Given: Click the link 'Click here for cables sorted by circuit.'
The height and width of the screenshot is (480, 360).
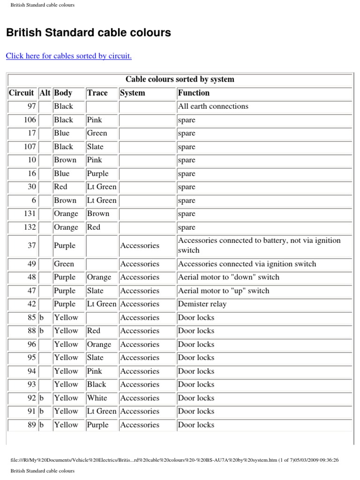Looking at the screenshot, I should (68, 56).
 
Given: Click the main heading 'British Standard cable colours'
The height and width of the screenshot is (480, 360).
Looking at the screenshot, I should (88, 33).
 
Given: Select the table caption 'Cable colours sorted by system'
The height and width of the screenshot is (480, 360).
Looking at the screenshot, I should (180, 79).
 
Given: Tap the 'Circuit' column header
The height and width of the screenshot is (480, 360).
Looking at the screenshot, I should (22, 93).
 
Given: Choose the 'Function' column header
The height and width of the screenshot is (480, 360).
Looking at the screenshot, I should (194, 93).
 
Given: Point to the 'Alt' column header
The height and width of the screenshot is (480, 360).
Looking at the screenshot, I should (45, 93).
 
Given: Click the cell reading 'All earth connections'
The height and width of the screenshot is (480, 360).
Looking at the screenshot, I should (213, 106).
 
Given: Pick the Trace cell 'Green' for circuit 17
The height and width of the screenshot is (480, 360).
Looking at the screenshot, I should (97, 133).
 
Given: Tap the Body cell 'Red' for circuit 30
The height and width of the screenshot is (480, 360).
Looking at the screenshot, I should (61, 187).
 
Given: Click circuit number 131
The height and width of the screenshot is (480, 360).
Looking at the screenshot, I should (30, 214).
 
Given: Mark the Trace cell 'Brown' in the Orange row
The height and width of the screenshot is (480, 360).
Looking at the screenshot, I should (98, 214).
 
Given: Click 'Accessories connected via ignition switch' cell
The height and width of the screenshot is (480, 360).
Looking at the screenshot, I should (247, 264).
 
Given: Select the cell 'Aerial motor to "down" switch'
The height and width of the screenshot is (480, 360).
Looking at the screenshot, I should (228, 277).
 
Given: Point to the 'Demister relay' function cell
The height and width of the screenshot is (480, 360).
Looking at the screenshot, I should (202, 304).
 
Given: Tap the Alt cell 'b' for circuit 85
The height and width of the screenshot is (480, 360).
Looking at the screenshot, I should (42, 317).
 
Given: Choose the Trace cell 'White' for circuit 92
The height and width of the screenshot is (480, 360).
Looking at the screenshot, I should (97, 398).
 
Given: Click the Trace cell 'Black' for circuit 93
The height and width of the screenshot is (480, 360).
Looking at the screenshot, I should (97, 384).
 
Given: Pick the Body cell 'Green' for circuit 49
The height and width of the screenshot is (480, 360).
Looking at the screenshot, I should (64, 264).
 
